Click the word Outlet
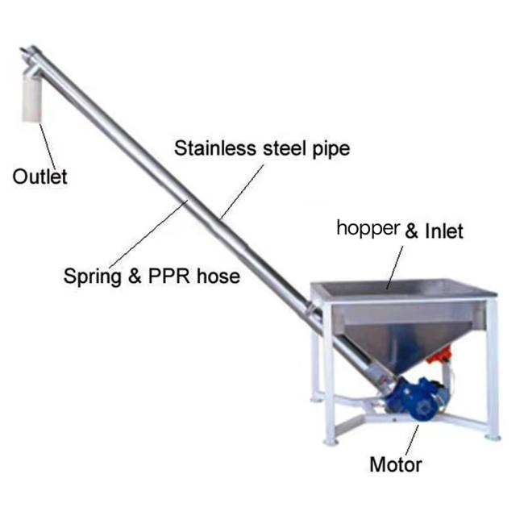40,177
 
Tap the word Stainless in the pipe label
215,148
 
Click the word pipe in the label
331,149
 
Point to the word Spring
92,277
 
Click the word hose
218,276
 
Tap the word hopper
368,229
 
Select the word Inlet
444,231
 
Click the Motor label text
396,465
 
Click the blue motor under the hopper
418,398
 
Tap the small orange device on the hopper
439,355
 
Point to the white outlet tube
31,98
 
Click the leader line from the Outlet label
48,147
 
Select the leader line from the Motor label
413,440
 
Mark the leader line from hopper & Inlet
395,268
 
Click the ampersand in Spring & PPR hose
135,276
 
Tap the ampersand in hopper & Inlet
412,231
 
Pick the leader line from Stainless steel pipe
242,192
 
